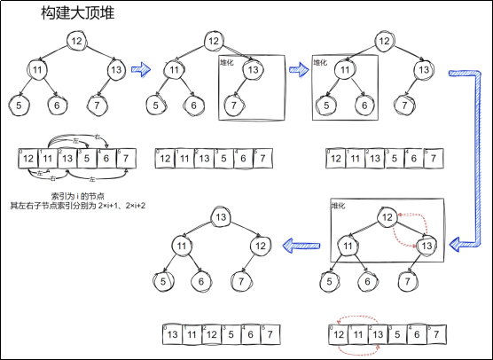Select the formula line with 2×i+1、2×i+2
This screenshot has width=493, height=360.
point(77,206)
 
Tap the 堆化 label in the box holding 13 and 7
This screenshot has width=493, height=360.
point(228,62)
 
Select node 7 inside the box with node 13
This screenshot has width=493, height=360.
point(233,105)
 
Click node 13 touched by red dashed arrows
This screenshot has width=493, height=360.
point(426,246)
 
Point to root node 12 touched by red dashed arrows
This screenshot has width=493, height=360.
point(387,218)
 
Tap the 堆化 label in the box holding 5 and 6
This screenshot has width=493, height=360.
point(321,62)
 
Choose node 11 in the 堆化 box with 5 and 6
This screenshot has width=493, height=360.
point(348,70)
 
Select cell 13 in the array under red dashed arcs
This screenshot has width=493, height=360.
point(380,335)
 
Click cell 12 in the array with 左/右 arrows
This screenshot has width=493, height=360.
point(28,160)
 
